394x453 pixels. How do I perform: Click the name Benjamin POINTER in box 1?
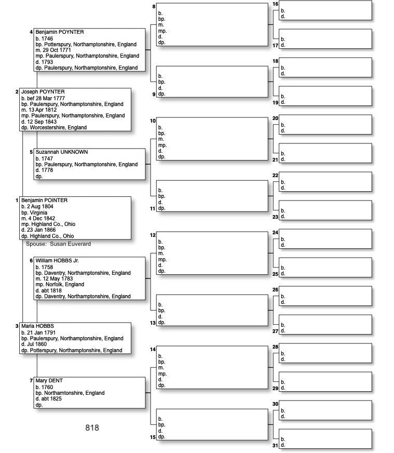pos(44,201)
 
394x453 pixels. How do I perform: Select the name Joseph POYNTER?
pos(43,92)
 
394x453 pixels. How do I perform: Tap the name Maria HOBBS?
pos(37,326)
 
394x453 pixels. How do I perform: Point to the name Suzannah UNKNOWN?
pos(61,152)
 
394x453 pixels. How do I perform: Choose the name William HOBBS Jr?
pos(57,260)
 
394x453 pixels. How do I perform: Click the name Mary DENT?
pos(49,381)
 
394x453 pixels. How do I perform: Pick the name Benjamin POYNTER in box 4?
pos(59,32)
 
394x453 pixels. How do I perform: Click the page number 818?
pos(92,428)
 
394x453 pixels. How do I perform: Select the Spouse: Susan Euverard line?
pos(58,244)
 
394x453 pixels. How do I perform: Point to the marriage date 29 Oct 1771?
pos(56,50)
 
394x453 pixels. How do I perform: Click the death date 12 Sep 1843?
pos(42,122)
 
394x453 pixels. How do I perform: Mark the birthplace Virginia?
pos(38,212)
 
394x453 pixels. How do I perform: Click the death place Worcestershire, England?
pos(58,128)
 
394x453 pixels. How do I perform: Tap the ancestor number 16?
pos(275,4)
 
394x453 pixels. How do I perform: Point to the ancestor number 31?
pos(275,445)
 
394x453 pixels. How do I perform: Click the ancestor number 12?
pos(153,235)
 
